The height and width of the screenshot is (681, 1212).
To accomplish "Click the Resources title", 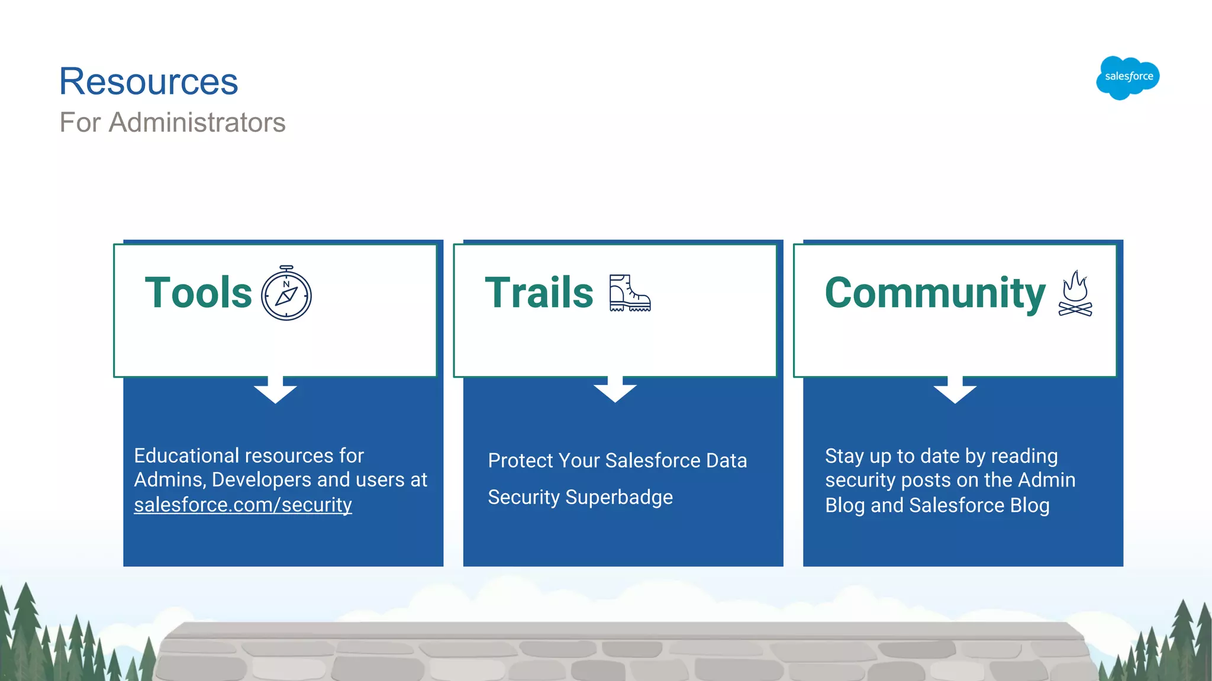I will tap(149, 82).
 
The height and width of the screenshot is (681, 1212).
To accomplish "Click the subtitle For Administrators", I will tap(172, 122).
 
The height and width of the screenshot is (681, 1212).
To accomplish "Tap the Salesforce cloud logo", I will tap(1128, 77).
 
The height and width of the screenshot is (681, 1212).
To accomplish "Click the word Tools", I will tap(198, 293).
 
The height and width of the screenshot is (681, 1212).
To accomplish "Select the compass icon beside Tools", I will tap(286, 294).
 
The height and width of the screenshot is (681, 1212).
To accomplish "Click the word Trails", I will tap(539, 293).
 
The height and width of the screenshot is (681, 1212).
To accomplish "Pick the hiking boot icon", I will tap(629, 293).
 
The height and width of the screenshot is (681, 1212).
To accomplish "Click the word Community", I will tap(934, 293).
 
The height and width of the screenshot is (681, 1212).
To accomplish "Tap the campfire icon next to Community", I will tap(1075, 294).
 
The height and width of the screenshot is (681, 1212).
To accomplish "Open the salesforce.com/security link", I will tap(243, 505).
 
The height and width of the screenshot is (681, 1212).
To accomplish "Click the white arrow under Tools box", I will tap(275, 391).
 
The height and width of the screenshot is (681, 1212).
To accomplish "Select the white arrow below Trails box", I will tap(615, 391).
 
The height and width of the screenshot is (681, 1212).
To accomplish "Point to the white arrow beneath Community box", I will tap(955, 391).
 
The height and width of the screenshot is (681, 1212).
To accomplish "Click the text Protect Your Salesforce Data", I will tap(617, 461).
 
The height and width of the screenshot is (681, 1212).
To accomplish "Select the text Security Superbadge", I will tap(580, 497).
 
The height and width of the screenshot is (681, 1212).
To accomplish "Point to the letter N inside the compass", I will tap(286, 284).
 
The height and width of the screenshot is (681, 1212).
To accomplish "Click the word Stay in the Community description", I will tap(844, 456).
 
